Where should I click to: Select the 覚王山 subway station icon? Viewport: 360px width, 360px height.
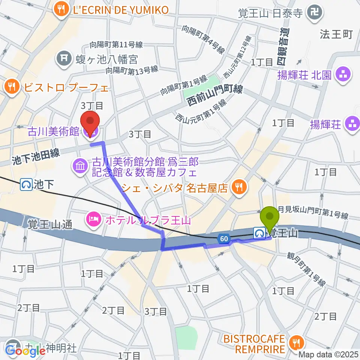click(x=258, y=233)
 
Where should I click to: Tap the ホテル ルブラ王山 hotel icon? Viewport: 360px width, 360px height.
click(x=93, y=218)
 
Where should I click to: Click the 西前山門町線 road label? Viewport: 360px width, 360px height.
click(x=215, y=96)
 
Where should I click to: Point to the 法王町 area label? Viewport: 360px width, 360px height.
click(x=336, y=34)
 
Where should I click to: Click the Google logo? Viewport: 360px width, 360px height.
click(x=25, y=350)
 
